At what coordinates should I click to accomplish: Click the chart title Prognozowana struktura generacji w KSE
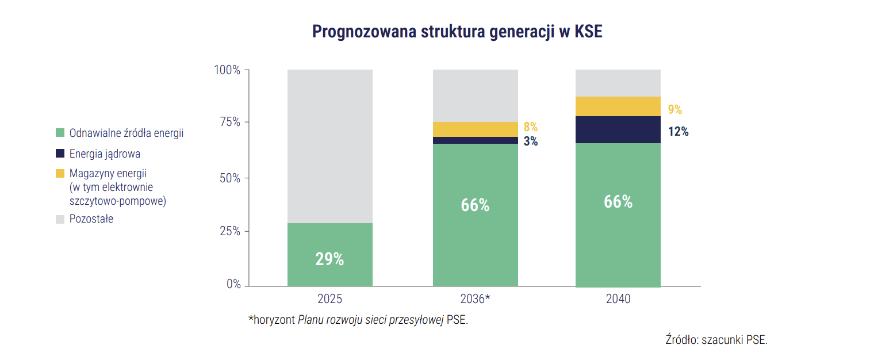point(457,32)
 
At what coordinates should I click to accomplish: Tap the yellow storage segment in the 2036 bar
point(475,129)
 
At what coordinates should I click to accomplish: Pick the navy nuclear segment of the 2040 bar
point(618,129)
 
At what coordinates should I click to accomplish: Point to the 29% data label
point(329,259)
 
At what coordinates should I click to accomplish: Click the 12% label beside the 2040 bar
point(678,132)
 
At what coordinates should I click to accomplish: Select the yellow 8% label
point(530,127)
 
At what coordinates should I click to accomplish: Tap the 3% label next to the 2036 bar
point(530,141)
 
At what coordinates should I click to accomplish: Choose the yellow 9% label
point(674,110)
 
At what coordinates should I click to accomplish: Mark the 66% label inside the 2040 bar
point(618,202)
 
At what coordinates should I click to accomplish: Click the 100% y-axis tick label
point(227,70)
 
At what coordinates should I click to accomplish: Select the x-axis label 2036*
point(475,299)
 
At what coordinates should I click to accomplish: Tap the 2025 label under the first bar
point(329,299)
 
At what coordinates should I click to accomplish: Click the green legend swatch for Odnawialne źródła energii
point(60,133)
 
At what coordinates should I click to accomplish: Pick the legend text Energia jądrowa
point(105,154)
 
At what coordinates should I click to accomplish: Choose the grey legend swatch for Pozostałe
point(60,219)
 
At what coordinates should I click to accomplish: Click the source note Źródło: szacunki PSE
point(716,339)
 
